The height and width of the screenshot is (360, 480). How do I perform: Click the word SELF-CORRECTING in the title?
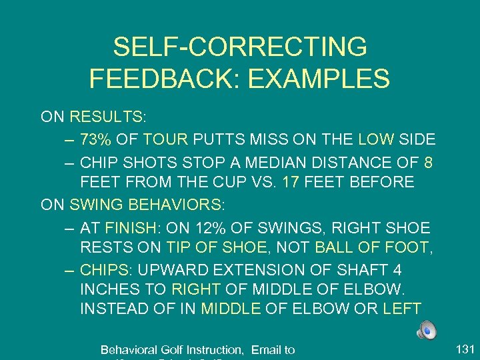click(x=240, y=47)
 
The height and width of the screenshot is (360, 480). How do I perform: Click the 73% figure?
click(x=96, y=139)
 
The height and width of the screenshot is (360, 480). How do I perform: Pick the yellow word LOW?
click(x=376, y=139)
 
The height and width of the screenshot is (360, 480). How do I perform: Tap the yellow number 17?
click(x=291, y=182)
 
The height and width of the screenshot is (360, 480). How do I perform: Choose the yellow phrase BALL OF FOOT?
click(x=371, y=247)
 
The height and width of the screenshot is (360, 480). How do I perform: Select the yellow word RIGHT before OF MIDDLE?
click(x=197, y=291)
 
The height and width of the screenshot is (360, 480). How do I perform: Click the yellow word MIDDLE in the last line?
click(x=231, y=309)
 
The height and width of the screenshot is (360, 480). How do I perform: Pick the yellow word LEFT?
click(x=402, y=309)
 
